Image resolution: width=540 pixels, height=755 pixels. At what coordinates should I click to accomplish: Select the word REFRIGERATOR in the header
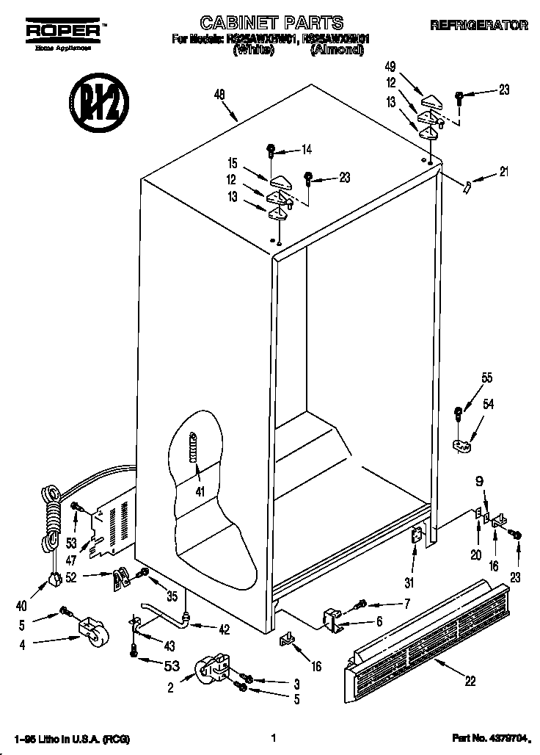pyautogui.click(x=478, y=25)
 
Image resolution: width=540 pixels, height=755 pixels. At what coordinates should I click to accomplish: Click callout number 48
pyautogui.click(x=219, y=94)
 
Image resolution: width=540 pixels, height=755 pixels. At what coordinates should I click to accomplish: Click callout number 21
pyautogui.click(x=503, y=173)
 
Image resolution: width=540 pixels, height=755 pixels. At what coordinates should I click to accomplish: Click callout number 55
pyautogui.click(x=486, y=379)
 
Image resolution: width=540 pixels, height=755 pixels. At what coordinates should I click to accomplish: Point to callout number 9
pyautogui.click(x=480, y=482)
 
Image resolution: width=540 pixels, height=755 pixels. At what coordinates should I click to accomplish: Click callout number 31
pyautogui.click(x=409, y=583)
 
